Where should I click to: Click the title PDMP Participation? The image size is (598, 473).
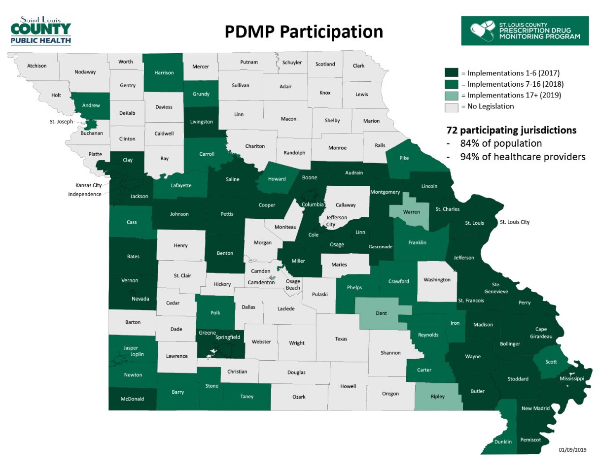pyautogui.click(x=304, y=32)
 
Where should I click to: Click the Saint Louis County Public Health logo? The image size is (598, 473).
pyautogui.click(x=41, y=31)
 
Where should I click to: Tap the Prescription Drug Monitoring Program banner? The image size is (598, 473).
pyautogui.click(x=525, y=31)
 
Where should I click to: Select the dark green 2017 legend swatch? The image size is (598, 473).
pyautogui.click(x=452, y=72)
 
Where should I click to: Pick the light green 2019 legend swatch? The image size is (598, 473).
pyautogui.click(x=452, y=95)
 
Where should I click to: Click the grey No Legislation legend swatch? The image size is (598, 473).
pyautogui.click(x=452, y=106)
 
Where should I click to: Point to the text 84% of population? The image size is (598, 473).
pyautogui.click(x=493, y=144)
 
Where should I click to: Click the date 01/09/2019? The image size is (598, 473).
pyautogui.click(x=572, y=450)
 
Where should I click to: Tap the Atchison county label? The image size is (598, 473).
pyautogui.click(x=36, y=66)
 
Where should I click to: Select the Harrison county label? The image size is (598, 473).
pyautogui.click(x=164, y=73)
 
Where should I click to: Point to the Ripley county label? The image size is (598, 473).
pyautogui.click(x=437, y=396)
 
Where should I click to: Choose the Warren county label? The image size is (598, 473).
pyautogui.click(x=412, y=212)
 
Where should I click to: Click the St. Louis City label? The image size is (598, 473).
pyautogui.click(x=514, y=222)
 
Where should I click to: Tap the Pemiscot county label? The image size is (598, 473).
pyautogui.click(x=530, y=439)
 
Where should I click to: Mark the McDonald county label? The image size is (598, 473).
pyautogui.click(x=132, y=399)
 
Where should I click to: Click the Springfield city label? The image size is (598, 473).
pyautogui.click(x=227, y=338)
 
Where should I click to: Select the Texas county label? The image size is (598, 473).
pyautogui.click(x=341, y=339)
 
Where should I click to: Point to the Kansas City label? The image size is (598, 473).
pyautogui.click(x=88, y=186)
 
